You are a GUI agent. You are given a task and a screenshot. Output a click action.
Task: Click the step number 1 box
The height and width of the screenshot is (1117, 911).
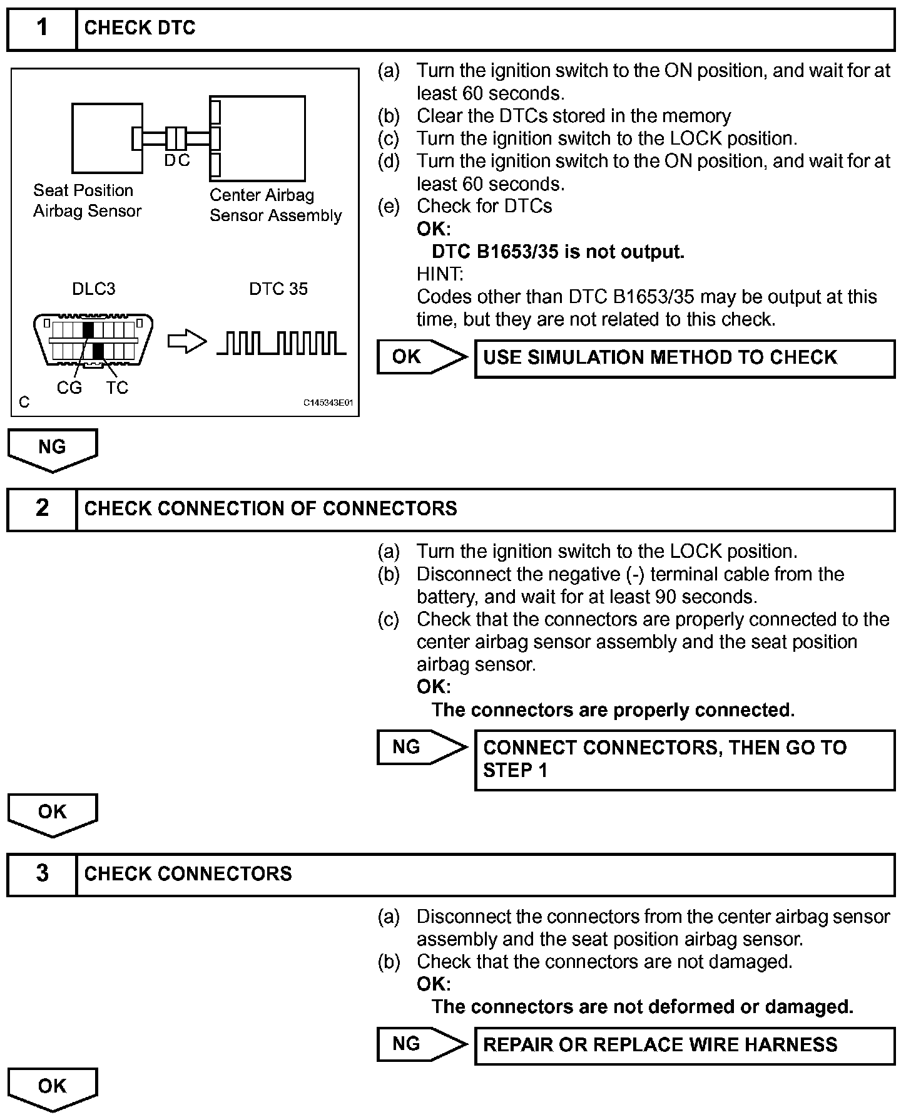pyautogui.click(x=42, y=28)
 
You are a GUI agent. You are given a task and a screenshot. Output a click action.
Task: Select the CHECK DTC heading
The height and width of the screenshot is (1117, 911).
pyautogui.click(x=140, y=28)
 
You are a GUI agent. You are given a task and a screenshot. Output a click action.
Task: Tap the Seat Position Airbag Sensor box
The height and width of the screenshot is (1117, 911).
pyautogui.click(x=106, y=138)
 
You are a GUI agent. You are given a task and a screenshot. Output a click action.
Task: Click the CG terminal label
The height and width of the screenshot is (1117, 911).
pyautogui.click(x=69, y=388)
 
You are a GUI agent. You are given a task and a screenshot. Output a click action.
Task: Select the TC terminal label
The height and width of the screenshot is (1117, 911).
pyautogui.click(x=116, y=388)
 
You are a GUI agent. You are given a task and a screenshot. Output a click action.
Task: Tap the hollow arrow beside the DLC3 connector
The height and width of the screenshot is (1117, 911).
pyautogui.click(x=186, y=342)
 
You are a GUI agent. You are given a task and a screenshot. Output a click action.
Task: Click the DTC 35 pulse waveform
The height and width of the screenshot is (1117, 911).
pyautogui.click(x=281, y=343)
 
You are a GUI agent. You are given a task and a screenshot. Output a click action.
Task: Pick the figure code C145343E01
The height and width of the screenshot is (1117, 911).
pyautogui.click(x=328, y=403)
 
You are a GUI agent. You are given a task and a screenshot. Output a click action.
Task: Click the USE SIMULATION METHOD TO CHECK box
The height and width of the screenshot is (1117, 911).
pyautogui.click(x=685, y=358)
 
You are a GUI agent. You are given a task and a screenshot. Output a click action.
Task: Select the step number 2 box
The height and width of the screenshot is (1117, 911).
pyautogui.click(x=42, y=508)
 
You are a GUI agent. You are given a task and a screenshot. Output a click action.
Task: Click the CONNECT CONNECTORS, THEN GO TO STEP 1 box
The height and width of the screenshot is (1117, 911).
pyautogui.click(x=685, y=759)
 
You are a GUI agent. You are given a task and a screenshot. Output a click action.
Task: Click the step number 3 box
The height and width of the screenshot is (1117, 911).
pyautogui.click(x=42, y=873)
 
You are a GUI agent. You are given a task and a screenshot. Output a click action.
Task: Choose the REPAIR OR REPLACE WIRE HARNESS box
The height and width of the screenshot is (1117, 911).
pyautogui.click(x=685, y=1045)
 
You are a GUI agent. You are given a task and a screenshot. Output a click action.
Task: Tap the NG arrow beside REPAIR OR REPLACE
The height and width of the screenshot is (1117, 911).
pyautogui.click(x=422, y=1044)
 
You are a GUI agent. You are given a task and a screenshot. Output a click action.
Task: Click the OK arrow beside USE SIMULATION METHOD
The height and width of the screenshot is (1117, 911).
pyautogui.click(x=422, y=358)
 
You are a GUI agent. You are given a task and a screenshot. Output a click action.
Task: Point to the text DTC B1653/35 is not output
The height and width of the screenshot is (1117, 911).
pyautogui.click(x=558, y=252)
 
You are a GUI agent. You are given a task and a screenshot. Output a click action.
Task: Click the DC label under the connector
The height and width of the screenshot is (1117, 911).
pyautogui.click(x=177, y=161)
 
